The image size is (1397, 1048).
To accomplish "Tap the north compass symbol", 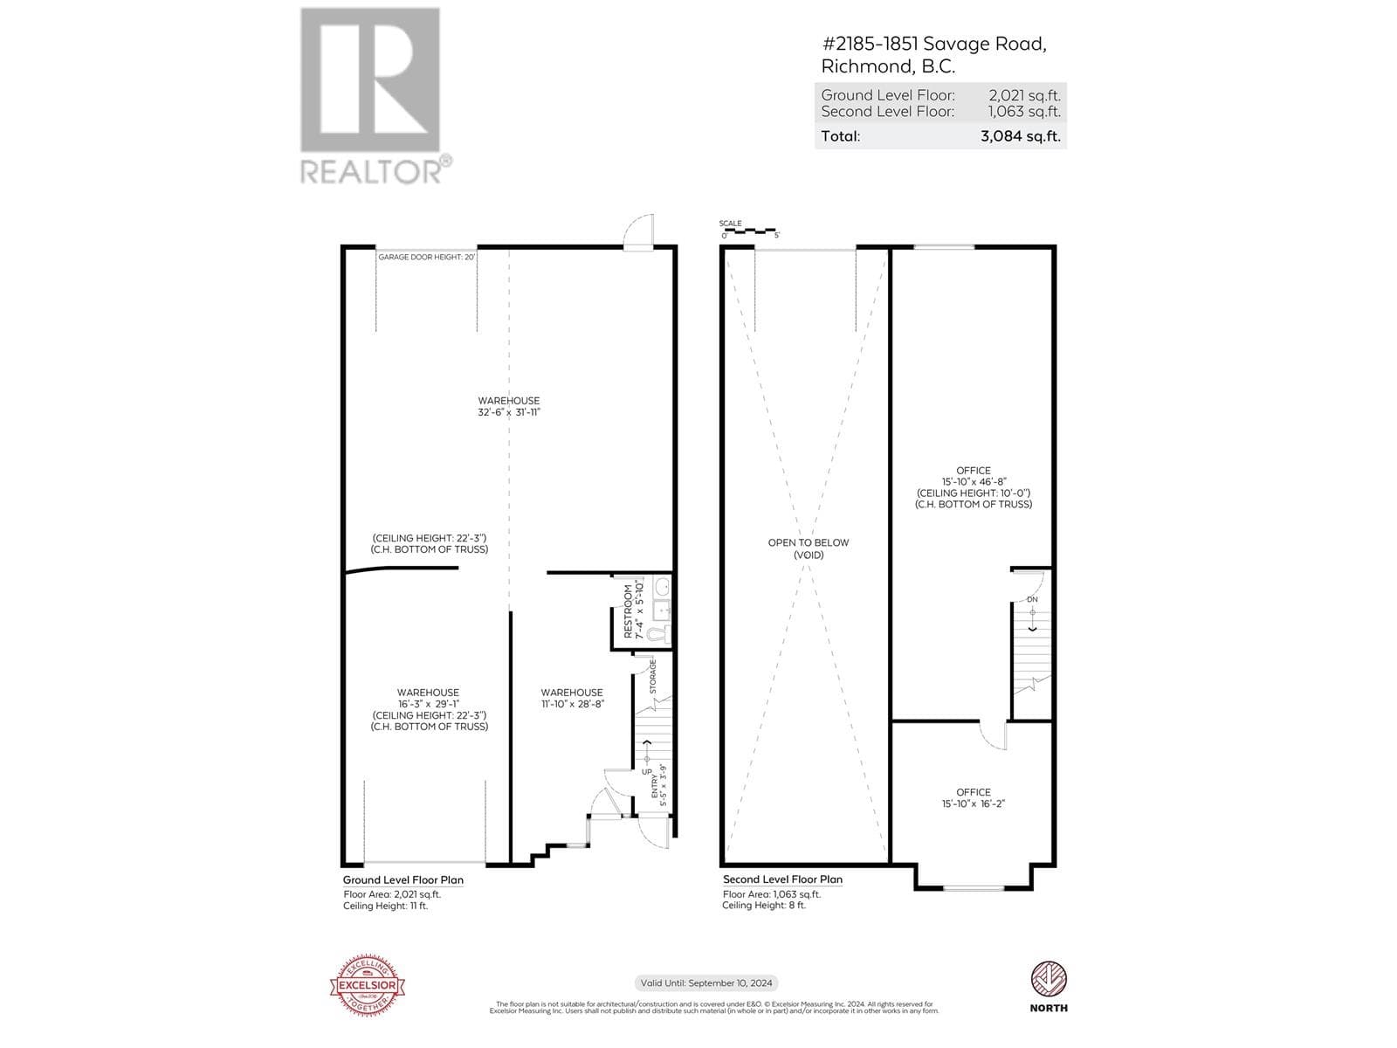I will click(1049, 979).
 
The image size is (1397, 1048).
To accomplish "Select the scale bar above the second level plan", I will click(749, 231).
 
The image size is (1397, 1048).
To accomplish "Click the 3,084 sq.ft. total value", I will click(1019, 136).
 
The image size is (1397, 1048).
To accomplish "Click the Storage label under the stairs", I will click(652, 677).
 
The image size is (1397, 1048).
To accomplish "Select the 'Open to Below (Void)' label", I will click(808, 548).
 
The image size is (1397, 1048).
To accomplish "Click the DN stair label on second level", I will click(1032, 599).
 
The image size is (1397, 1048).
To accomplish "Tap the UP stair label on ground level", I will click(647, 772).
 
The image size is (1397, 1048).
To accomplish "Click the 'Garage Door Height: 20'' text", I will click(426, 257).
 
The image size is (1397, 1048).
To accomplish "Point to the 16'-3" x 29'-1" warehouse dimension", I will click(428, 704).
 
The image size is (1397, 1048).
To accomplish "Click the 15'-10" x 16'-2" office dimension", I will click(973, 804).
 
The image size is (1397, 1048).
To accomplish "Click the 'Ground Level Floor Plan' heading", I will click(403, 880).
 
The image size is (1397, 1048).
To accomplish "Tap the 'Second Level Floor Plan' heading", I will click(782, 879).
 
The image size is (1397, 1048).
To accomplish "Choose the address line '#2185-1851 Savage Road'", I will click(933, 44).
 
